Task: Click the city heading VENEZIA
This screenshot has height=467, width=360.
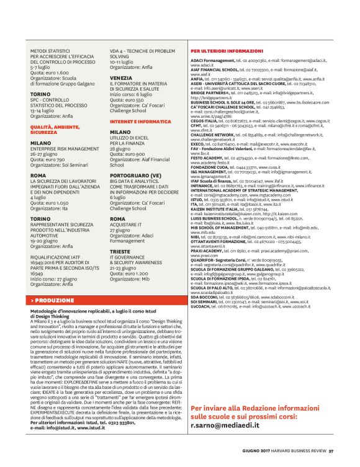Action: point(121,78)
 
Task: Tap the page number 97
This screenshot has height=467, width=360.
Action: point(331,450)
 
